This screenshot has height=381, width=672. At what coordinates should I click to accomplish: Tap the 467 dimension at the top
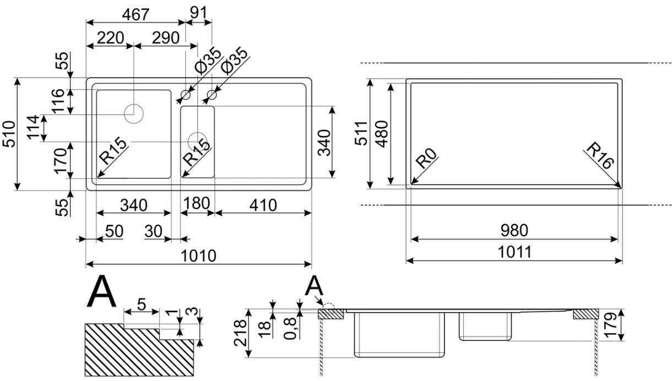135,15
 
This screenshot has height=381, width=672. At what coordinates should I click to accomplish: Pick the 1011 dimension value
514,252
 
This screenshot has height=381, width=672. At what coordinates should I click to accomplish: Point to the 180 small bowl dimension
197,203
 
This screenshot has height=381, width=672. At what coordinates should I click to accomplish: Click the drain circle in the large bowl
133,113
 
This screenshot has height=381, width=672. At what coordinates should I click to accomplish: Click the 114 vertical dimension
34,128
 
